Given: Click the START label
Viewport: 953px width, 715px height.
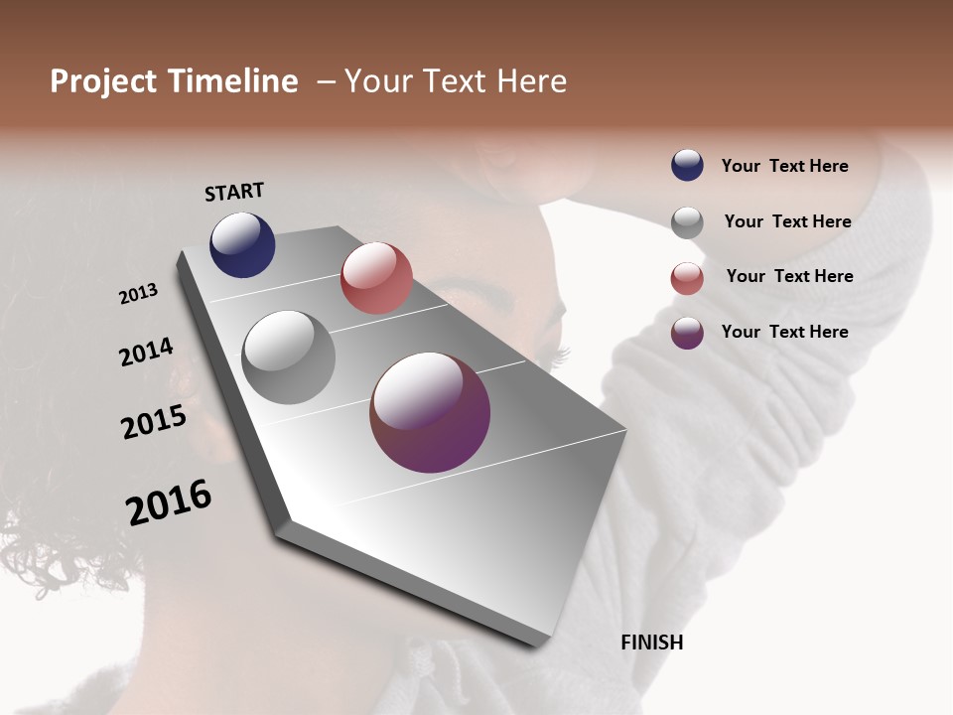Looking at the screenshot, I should click(x=234, y=192).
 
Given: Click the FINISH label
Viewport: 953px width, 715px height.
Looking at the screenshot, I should click(x=651, y=643).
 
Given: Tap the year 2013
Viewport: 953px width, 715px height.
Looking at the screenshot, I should click(x=139, y=294).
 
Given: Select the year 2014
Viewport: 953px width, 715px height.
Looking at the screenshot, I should click(x=147, y=353).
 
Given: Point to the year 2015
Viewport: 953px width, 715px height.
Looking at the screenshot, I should click(x=154, y=422).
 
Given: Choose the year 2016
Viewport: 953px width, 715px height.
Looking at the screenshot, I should click(x=169, y=502).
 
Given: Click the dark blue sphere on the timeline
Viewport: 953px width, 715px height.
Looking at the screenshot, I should click(x=242, y=244).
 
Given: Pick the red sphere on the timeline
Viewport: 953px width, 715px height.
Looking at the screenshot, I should click(x=376, y=278).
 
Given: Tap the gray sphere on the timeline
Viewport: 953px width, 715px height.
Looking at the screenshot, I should click(x=289, y=357).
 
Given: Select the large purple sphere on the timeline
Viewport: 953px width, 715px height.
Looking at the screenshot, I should click(x=430, y=412).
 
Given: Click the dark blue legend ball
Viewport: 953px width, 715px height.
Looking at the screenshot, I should click(x=687, y=166).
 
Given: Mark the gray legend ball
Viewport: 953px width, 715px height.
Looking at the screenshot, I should click(x=687, y=222).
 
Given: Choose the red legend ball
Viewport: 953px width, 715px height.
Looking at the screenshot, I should click(x=687, y=278).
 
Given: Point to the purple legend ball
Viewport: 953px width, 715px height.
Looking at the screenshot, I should click(x=687, y=333).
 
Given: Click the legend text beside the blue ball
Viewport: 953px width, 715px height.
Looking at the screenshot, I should click(x=784, y=166).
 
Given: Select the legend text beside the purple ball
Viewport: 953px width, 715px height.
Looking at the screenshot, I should click(x=784, y=332).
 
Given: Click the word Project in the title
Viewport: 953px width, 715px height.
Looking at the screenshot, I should click(x=104, y=81).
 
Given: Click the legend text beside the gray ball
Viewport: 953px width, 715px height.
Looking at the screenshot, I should click(x=787, y=221).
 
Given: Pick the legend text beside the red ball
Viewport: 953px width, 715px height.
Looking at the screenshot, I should click(x=789, y=276).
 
